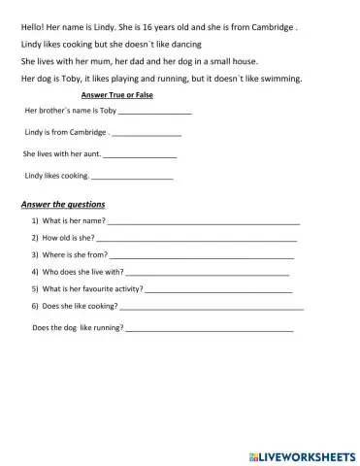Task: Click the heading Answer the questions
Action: click(x=63, y=205)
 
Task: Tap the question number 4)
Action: click(x=35, y=272)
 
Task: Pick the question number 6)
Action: click(x=35, y=306)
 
